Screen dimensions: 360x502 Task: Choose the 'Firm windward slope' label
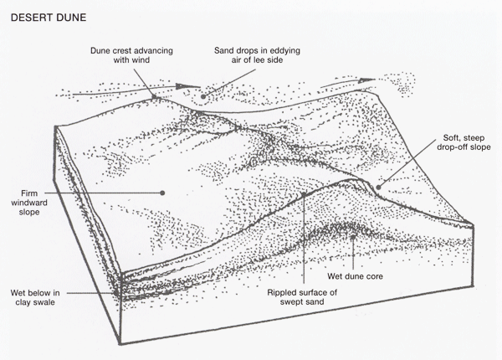[38, 202]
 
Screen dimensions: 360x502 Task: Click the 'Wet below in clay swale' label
[38, 298]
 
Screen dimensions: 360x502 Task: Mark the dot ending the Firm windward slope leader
[162, 192]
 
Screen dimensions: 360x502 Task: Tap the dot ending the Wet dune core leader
[355, 236]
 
